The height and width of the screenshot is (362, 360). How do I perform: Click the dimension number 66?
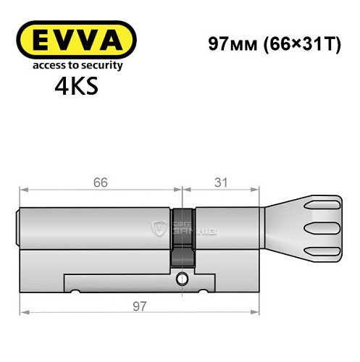click(100, 182)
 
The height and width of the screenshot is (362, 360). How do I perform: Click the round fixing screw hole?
click(183, 279)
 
